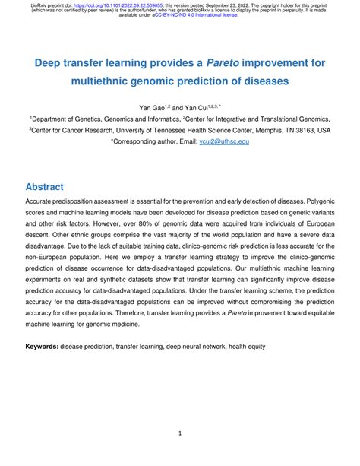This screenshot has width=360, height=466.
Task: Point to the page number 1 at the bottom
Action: pos(180,435)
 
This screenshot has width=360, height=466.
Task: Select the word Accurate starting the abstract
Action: pos(45,203)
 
